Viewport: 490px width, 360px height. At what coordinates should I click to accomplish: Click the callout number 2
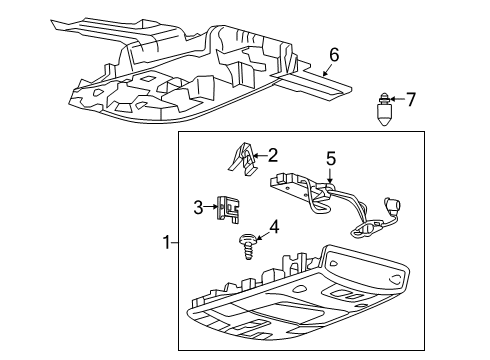tap(271, 155)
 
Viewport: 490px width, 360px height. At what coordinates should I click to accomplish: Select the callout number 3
tap(198, 207)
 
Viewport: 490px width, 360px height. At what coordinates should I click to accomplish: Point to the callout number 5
tap(331, 156)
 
